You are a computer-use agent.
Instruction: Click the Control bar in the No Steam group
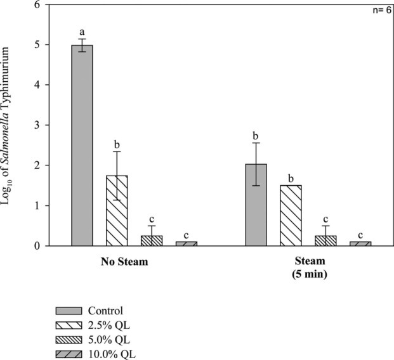[x=82, y=145]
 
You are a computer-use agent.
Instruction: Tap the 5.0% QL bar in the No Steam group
[x=151, y=240]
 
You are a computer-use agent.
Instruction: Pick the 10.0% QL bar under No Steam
[x=186, y=243]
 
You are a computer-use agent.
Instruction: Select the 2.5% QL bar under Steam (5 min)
[x=291, y=215]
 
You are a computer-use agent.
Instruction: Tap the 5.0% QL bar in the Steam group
[x=325, y=240]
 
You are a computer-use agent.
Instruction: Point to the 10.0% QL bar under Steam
[x=360, y=243]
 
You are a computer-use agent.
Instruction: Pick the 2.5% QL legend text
[x=120, y=326]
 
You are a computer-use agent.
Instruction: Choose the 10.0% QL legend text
[x=122, y=354]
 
